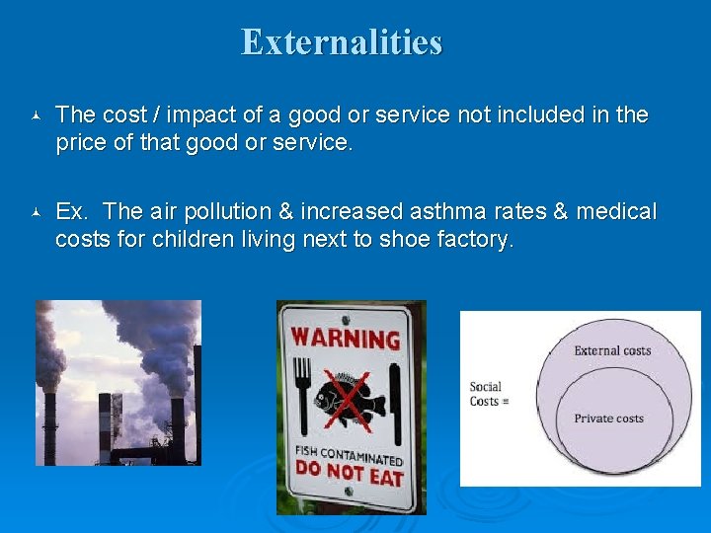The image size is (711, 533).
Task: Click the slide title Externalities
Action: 342,42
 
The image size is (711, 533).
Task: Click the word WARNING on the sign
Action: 346,340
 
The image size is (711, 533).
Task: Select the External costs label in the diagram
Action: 612,350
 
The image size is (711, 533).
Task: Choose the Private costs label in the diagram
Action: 608,419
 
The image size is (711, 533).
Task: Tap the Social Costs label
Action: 486,394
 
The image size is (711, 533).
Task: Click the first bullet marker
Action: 36,116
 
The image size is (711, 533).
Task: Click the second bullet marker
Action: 36,213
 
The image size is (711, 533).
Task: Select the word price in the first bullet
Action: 80,142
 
